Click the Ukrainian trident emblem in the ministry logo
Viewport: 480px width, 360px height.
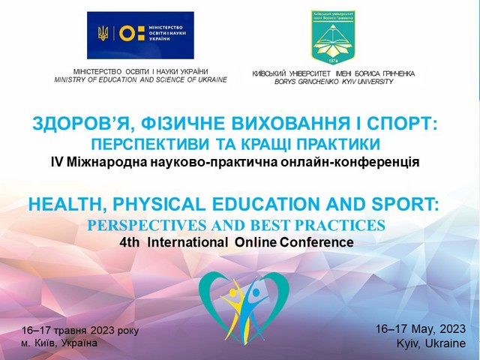102,33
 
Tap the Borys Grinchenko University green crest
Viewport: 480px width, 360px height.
333,37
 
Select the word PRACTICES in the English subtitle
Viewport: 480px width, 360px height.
338,225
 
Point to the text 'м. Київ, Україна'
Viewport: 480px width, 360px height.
60,343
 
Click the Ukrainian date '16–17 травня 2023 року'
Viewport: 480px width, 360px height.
79,330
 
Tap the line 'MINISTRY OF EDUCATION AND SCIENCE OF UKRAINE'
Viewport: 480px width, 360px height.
140,79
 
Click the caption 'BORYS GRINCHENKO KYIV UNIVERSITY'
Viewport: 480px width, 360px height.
334,81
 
